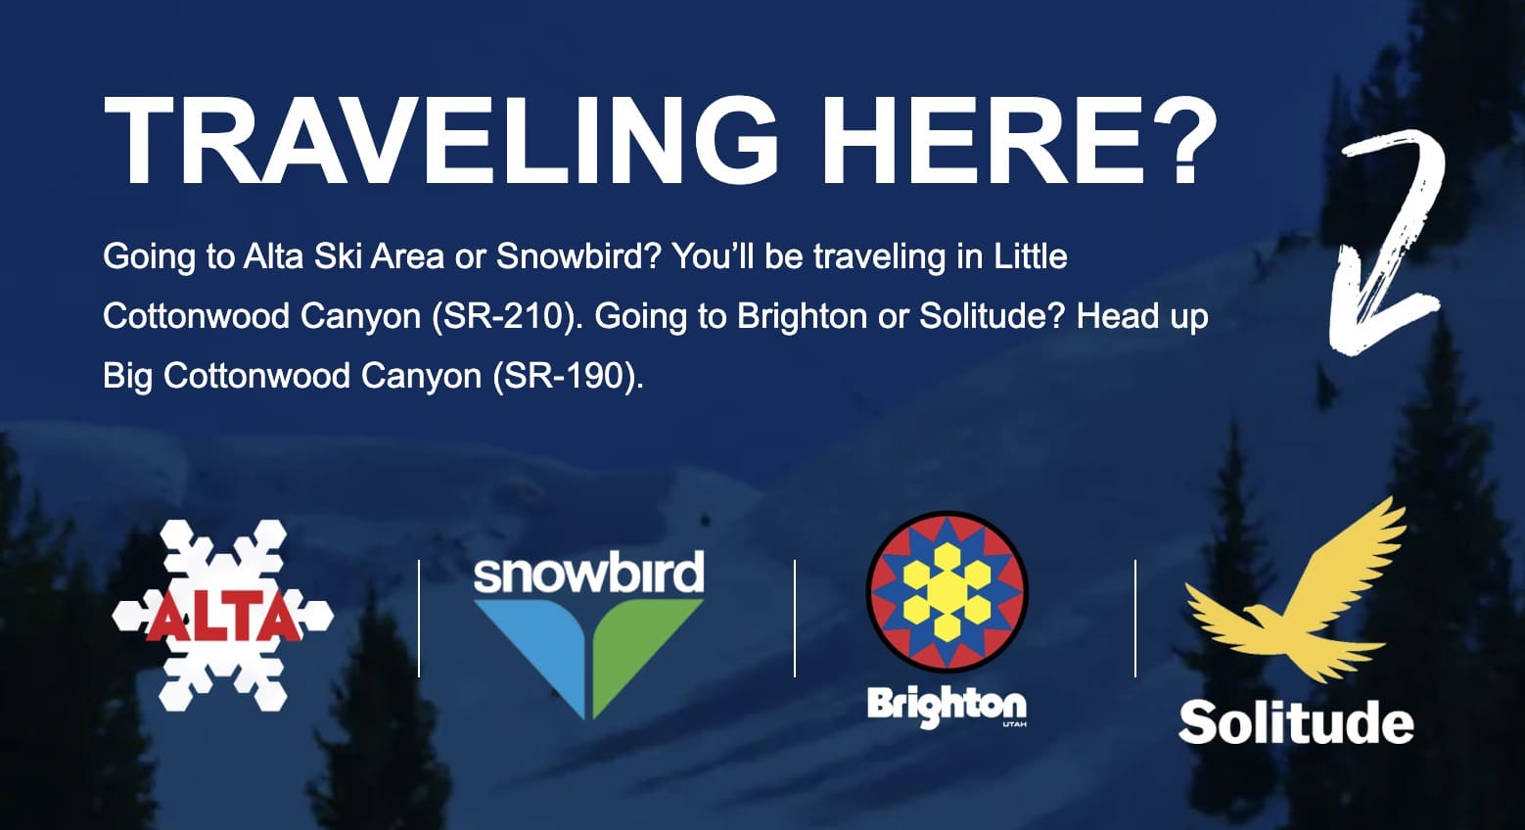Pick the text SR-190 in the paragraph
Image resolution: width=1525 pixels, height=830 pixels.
[567, 376]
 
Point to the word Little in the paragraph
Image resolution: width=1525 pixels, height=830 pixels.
[1031, 256]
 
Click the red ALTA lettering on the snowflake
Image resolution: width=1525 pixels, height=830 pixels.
[222, 619]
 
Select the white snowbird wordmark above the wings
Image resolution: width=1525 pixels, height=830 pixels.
[589, 573]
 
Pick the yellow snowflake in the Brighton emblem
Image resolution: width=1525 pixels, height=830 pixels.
[947, 592]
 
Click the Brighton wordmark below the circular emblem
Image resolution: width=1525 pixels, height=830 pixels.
[947, 706]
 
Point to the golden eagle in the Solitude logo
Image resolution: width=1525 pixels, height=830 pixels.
[1294, 599]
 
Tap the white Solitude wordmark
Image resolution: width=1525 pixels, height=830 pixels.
[1296, 721]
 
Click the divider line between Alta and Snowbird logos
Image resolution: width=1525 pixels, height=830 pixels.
[419, 619]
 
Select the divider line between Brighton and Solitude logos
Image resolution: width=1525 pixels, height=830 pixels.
[1134, 619]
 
